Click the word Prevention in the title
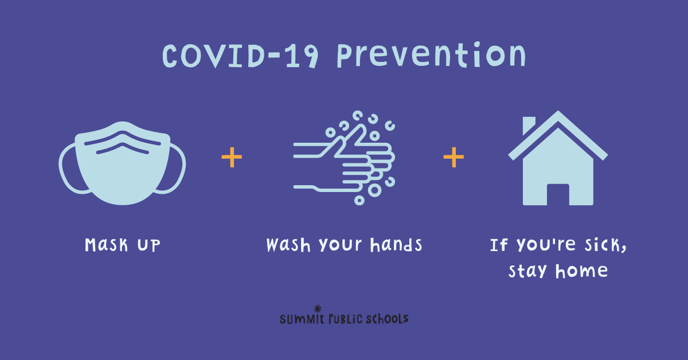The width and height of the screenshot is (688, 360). point(432,54)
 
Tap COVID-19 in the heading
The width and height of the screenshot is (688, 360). point(240,56)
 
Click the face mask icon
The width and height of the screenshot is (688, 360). point(122,163)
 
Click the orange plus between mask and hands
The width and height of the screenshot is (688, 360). point(232,157)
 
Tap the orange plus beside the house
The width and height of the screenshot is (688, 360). point(454,157)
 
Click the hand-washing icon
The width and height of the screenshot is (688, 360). point(344,158)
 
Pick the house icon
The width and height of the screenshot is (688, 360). point(558,158)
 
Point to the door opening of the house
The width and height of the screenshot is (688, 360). point(558,194)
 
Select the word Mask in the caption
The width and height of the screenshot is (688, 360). point(106,245)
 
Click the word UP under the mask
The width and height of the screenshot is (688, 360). point(148,245)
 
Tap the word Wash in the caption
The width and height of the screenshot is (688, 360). point(288,245)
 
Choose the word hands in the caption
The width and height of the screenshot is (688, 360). point(396,245)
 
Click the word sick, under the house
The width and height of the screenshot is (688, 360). point(605,245)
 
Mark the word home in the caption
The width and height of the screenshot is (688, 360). point(581,271)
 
